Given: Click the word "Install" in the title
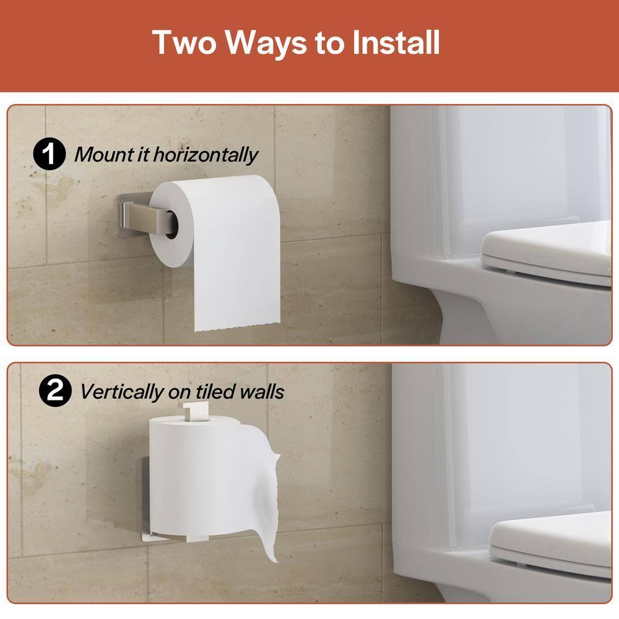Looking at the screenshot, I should tap(396, 42).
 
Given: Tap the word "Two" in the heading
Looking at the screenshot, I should tap(183, 42).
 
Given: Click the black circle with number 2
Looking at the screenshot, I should tap(54, 391).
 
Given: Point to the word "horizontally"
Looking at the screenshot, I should tap(206, 155).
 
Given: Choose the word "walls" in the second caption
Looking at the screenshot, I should tap(262, 391).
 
